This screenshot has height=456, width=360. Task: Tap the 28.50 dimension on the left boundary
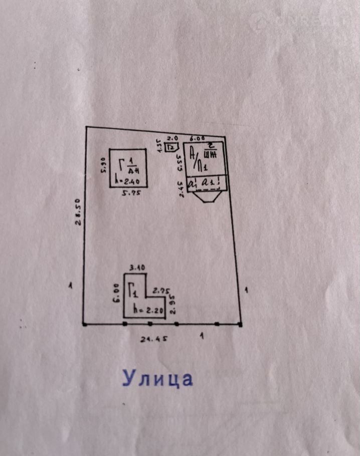click(78, 214)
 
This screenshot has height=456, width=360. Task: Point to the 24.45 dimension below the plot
click(153, 338)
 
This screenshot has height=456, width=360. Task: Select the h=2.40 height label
click(127, 181)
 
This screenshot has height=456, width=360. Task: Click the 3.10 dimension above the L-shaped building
click(137, 268)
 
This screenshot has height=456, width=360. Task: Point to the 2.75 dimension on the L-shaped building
click(161, 290)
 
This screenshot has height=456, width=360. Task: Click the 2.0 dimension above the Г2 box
click(172, 138)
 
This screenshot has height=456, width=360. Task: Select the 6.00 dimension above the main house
click(197, 137)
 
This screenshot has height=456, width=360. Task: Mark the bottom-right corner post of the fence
click(240, 325)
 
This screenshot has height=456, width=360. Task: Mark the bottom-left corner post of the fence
click(84, 325)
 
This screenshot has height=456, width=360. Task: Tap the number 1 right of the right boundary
click(246, 290)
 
